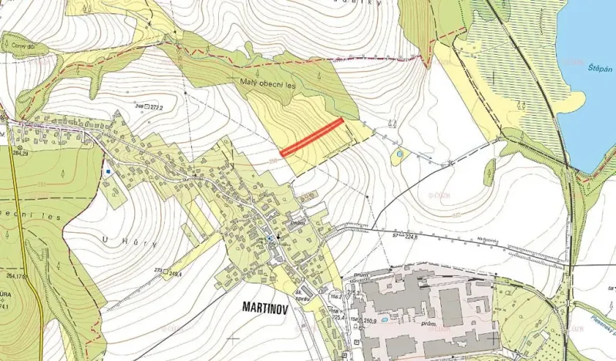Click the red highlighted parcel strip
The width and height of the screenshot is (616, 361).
coord(311,137)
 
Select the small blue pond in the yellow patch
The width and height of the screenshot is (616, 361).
coord(398,157)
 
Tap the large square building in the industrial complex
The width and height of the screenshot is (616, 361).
coord(452,307)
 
